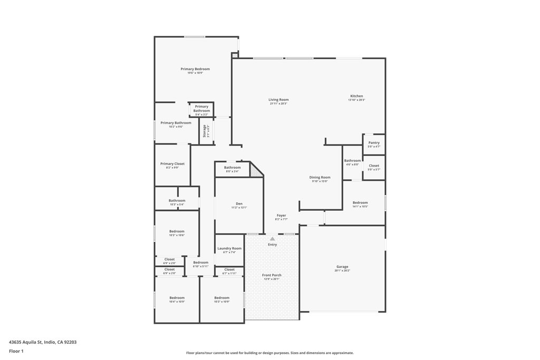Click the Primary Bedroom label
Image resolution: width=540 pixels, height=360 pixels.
coord(195,69)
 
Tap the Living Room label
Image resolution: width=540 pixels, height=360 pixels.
coord(278,100)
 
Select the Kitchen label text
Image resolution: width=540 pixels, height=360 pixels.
coord(356,96)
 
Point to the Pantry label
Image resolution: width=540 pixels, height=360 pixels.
coord(374,143)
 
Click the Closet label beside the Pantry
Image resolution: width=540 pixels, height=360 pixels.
coord(374,166)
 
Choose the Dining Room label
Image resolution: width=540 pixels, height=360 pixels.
coord(320,178)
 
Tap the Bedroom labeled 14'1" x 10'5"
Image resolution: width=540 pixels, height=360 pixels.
coord(360,203)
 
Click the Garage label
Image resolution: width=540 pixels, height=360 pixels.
coord(342,267)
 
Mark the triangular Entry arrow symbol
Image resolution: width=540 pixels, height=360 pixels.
coord(273,239)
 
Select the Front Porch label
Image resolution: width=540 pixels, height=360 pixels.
coord(272,275)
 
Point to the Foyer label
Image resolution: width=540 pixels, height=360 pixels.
coord(282,216)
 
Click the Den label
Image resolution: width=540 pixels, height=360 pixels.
coord(239,203)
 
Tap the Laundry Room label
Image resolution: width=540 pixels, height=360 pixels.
coord(229,248)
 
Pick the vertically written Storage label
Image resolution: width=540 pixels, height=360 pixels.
coord(205,131)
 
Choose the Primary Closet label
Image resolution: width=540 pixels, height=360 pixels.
coord(172,164)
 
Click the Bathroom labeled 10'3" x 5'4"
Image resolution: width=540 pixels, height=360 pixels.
coord(177,200)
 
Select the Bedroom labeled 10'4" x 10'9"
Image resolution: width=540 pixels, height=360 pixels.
coord(177,298)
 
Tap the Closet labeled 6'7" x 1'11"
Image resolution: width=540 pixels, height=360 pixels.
coord(229,269)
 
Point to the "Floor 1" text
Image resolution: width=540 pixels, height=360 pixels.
coord(16,351)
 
